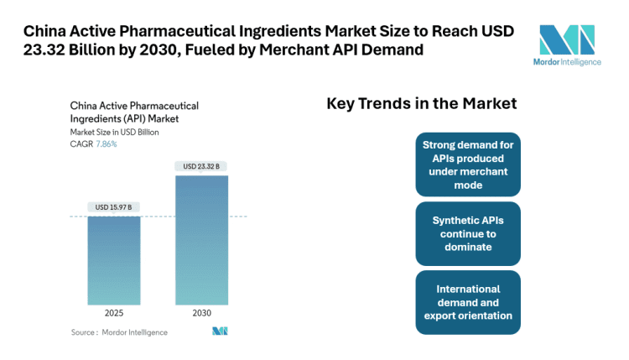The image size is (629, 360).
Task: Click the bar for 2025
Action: [113, 259]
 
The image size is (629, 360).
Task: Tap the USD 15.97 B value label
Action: [113, 206]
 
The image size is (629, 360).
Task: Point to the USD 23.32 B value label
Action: [200, 166]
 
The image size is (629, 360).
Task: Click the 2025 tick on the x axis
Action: [113, 312]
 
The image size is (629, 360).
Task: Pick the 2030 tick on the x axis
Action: [200, 312]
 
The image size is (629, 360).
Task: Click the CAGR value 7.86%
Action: [106, 144]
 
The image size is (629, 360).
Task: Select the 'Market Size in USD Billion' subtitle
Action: [115, 133]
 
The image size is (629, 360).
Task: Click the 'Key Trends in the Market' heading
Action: [421, 104]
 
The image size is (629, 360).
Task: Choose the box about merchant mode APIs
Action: [467, 164]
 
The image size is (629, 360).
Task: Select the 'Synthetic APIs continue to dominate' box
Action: [467, 233]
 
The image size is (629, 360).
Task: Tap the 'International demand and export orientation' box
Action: [467, 302]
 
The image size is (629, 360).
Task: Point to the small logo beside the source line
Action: [220, 331]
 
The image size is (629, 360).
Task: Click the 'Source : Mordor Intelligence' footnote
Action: [118, 332]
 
